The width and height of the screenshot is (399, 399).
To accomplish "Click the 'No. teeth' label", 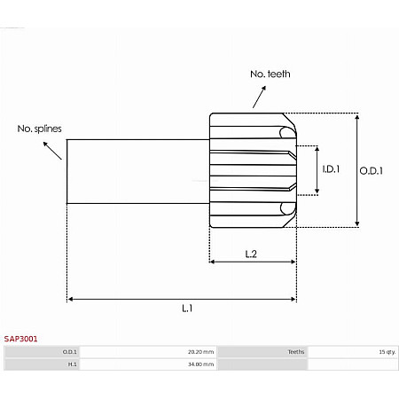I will [x=271, y=74].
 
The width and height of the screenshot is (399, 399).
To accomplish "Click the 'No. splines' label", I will [x=39, y=129].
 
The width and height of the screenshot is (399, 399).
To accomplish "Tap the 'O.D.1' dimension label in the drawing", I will [x=370, y=172].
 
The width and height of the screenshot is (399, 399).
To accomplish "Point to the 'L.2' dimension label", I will [x=251, y=254].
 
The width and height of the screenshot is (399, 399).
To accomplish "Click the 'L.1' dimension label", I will [x=188, y=308].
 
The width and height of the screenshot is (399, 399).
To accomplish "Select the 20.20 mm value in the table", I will [x=199, y=352].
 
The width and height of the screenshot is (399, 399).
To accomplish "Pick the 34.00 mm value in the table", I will [x=199, y=364].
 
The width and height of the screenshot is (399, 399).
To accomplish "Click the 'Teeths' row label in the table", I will [x=295, y=352].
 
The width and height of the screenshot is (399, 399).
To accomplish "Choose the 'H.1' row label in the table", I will [x=71, y=364].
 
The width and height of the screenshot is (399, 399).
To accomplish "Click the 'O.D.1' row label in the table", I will [x=69, y=352].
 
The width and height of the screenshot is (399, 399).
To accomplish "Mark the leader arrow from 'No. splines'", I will [x=55, y=150].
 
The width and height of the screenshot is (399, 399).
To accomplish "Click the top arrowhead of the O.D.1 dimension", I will [x=357, y=116].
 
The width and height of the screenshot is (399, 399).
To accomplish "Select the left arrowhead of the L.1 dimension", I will [x=71, y=299].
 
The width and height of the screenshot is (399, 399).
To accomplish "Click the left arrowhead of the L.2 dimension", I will [x=213, y=262].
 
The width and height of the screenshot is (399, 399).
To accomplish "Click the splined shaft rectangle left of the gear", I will [x=137, y=170].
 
